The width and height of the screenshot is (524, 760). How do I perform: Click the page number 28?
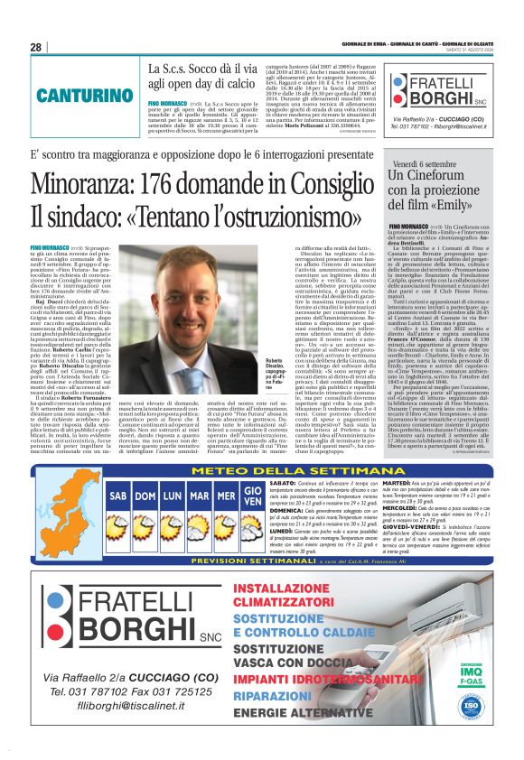coord(36,47)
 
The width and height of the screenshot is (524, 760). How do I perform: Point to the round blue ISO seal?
coord(493,701)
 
